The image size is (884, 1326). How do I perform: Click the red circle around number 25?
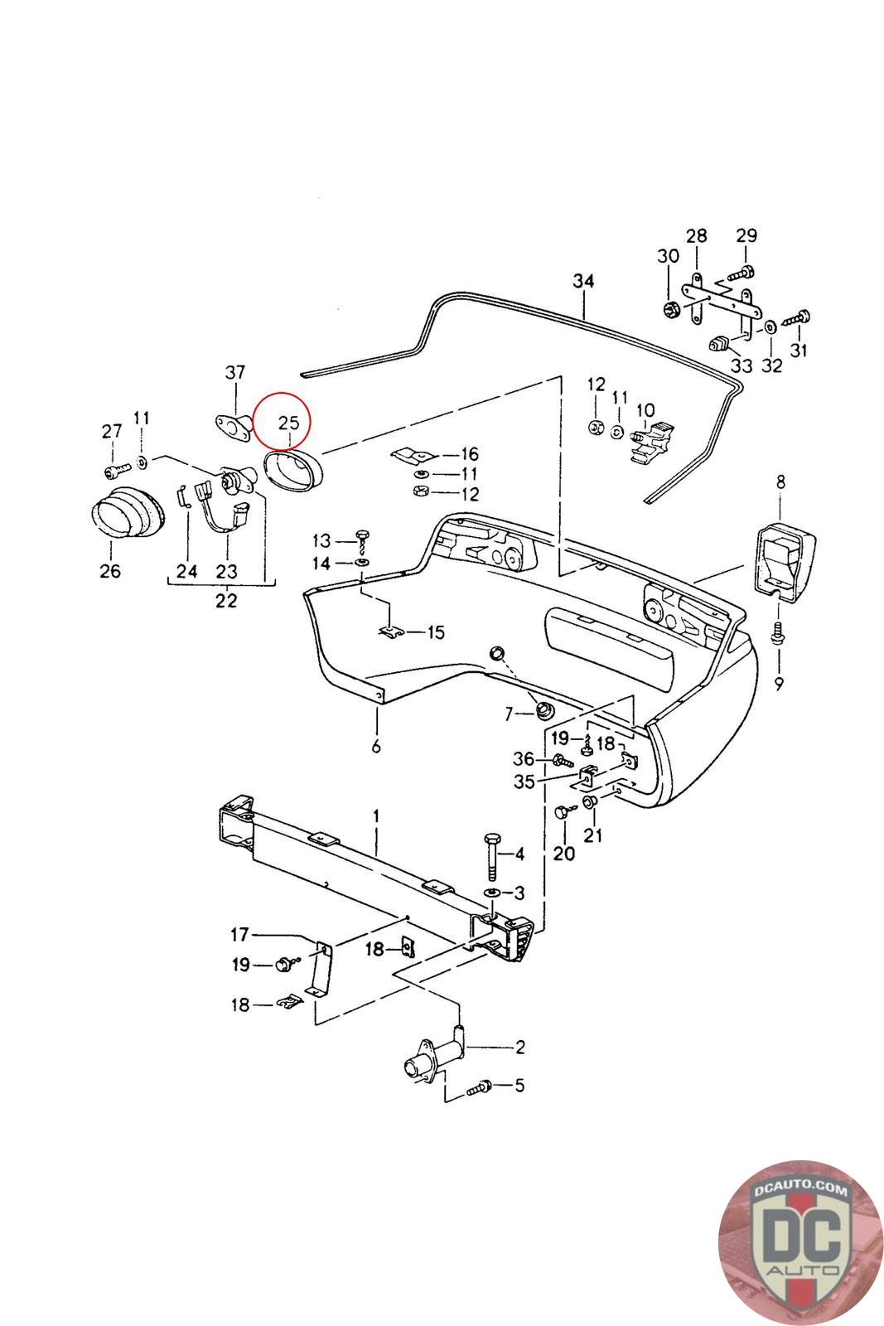coord(281,420)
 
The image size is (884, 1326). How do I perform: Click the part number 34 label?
coord(583,282)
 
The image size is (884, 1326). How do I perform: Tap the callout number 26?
coord(109,571)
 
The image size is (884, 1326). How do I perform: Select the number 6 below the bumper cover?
coord(376,747)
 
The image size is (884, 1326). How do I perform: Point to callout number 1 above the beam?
coord(376,816)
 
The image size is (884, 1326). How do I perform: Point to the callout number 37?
coord(235,374)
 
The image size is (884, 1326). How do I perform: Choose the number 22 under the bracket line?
coord(225,601)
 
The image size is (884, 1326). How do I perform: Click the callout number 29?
coord(746,235)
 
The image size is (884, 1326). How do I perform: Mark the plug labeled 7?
coord(546,710)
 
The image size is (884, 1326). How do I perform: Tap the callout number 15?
coord(436,633)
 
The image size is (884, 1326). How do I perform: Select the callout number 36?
coord(524,758)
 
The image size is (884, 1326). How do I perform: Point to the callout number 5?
coord(519,1085)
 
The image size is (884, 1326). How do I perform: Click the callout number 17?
coord(239,935)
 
